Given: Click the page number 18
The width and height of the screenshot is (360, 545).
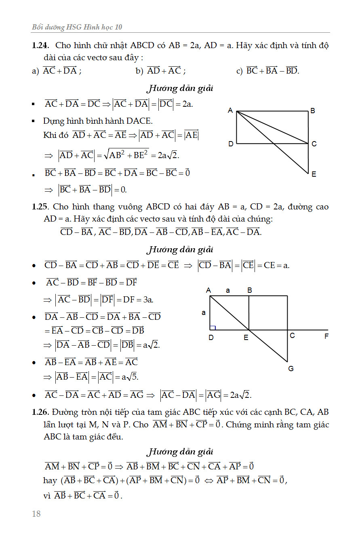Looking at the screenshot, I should click(36, 514).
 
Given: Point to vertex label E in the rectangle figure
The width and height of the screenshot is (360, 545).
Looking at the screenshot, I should click(314, 174).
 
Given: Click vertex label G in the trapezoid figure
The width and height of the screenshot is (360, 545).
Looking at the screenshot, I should click(291, 369).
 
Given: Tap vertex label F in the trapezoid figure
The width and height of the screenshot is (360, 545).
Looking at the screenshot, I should click(326, 336).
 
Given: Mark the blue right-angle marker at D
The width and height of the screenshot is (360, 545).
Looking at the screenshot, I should click(213, 327).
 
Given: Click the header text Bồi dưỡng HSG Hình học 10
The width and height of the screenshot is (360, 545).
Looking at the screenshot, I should click(77, 27).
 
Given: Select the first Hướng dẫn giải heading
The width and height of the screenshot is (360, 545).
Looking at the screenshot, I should click(180, 88).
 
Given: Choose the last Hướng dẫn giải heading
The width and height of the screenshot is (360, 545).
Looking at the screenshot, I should click(180, 452).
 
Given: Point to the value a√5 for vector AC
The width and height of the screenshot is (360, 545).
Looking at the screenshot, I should click(130, 377).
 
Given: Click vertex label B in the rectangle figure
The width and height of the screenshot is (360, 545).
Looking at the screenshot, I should click(312, 111).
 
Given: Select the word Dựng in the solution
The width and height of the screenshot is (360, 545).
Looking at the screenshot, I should click(53, 121).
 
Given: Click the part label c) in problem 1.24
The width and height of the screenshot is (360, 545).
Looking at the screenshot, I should click(239, 72).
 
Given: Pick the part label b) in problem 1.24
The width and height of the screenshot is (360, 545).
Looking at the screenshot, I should click(139, 72).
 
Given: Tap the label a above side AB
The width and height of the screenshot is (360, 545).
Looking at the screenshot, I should click(228, 290).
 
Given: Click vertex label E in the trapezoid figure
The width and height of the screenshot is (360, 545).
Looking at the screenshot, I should click(246, 337).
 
